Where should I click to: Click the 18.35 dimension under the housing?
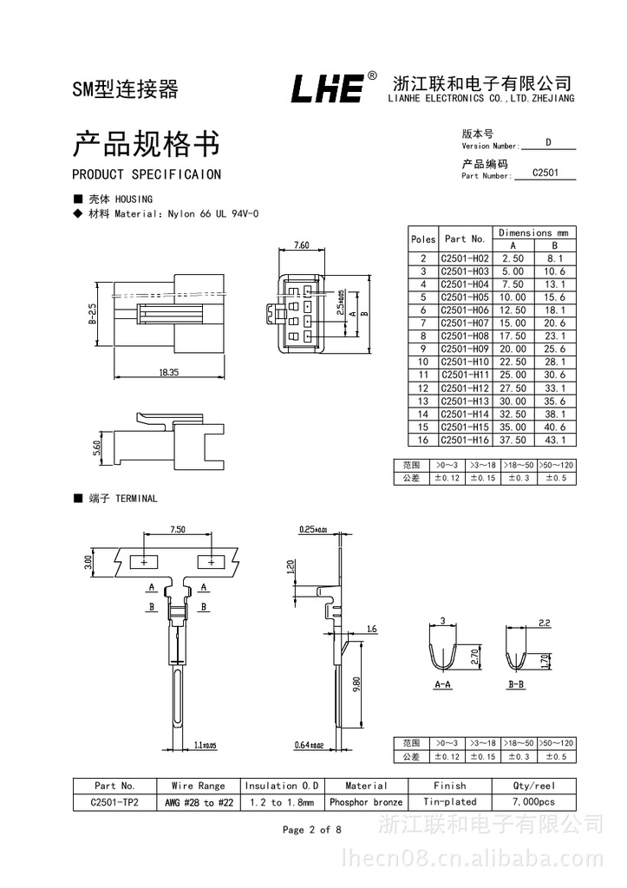[168, 372]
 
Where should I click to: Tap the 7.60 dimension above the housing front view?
[301, 245]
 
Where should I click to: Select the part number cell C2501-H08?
[465, 336]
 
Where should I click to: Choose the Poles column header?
[423, 239]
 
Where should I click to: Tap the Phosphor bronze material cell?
[366, 802]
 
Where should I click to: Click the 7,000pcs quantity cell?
[533, 802]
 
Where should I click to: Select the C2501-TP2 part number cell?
[114, 802]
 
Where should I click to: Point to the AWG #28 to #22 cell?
[199, 802]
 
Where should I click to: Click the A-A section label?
[442, 684]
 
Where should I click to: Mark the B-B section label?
[516, 684]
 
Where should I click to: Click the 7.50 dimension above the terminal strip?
[178, 529]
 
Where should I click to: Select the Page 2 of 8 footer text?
[312, 830]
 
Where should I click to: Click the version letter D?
[548, 141]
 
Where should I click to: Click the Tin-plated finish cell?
[449, 802]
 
